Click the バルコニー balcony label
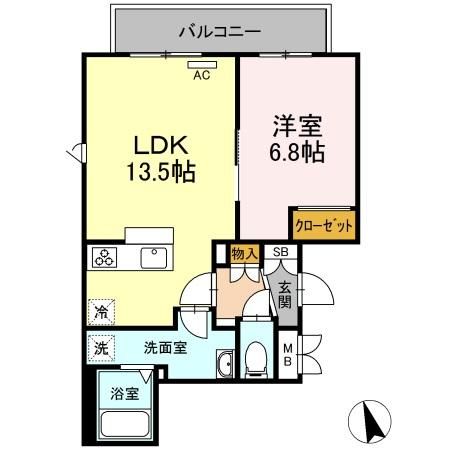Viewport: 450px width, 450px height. point(220,32)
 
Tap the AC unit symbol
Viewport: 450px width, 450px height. point(202,65)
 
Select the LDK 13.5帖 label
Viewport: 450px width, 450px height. point(161,159)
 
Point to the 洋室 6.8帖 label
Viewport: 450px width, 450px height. point(297,138)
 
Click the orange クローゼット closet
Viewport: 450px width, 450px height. point(324,225)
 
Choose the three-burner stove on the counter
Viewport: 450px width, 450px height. point(104,258)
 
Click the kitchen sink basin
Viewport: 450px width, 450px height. point(154,258)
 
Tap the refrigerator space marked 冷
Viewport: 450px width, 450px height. point(101,312)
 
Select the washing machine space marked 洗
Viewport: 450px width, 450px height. point(101,348)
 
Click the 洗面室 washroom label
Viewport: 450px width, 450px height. point(165,348)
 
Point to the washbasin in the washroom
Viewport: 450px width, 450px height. point(226,363)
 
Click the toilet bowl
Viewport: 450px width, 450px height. point(256,359)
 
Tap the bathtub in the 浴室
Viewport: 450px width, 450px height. point(125,424)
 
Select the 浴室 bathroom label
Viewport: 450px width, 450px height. point(125,394)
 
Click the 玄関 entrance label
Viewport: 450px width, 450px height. point(285,295)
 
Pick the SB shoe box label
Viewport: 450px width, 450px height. point(281,252)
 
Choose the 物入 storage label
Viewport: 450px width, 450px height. point(244,254)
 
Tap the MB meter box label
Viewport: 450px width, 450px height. point(288,355)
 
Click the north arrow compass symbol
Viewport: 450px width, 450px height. point(370,421)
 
